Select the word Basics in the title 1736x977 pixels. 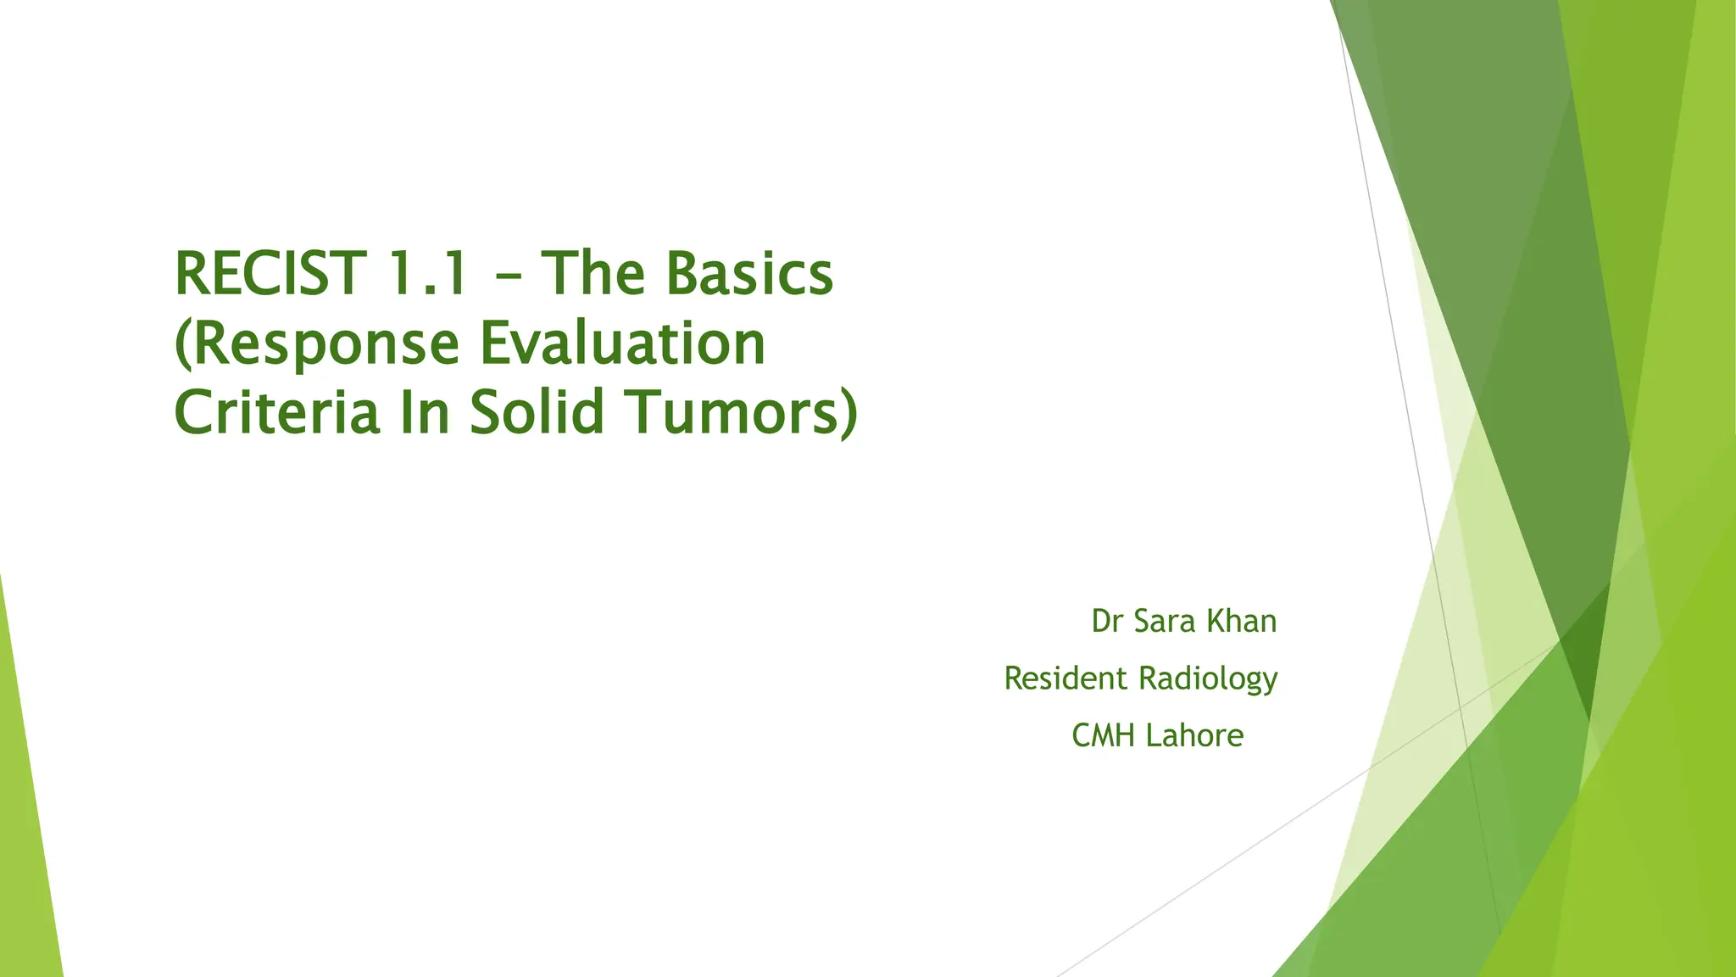point(749,274)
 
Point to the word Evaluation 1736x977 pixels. point(623,343)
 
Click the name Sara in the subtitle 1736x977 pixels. point(1166,622)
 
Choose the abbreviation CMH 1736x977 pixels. point(1103,735)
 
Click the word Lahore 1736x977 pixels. point(1194,735)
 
